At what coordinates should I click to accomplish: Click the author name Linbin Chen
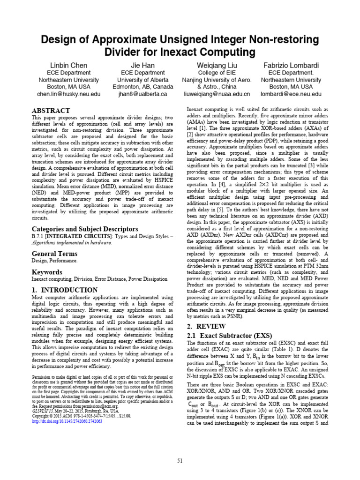click(x=69, y=65)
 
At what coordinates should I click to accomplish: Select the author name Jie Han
click(x=142, y=65)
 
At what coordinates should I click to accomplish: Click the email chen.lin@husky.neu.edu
click(x=69, y=94)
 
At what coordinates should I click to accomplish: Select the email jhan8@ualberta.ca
click(x=142, y=94)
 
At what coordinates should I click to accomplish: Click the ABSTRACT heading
click(x=51, y=110)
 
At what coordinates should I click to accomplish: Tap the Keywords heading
click(x=46, y=272)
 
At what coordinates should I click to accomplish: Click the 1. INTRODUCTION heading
click(x=65, y=290)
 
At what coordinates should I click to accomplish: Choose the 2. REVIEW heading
click(x=206, y=326)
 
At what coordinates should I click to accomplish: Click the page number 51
click(x=180, y=461)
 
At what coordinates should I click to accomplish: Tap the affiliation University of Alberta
click(x=142, y=80)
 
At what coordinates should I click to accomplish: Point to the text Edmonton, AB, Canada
click(x=142, y=87)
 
